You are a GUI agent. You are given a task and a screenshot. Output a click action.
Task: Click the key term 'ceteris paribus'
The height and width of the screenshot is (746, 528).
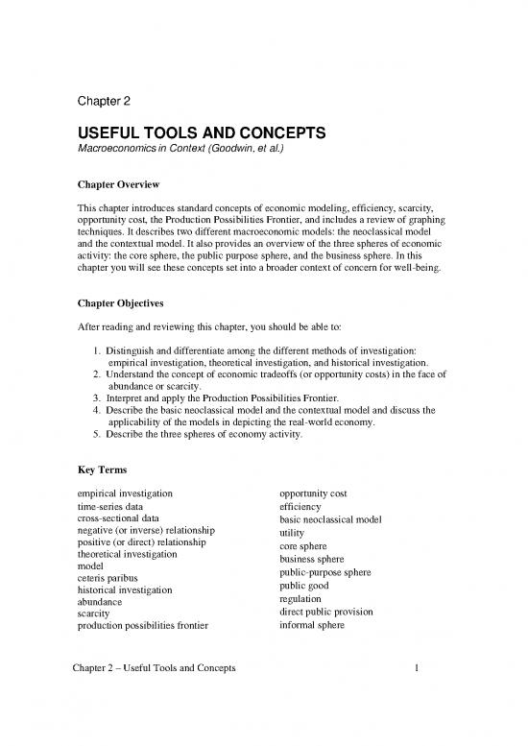click(105, 578)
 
